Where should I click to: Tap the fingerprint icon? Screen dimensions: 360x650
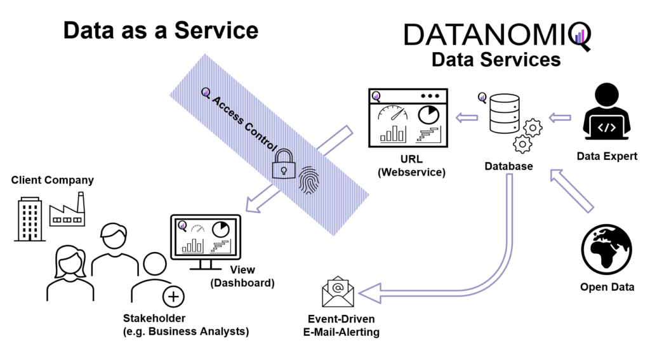310,180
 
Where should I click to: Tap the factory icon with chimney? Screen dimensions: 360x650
67,211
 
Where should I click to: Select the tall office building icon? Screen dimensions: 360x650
29,218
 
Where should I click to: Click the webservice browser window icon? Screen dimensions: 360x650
408,116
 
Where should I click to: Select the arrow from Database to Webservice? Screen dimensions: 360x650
468,116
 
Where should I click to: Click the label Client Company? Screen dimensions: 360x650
53,180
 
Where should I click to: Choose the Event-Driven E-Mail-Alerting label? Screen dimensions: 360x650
343,325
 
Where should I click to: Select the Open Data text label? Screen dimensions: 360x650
607,287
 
